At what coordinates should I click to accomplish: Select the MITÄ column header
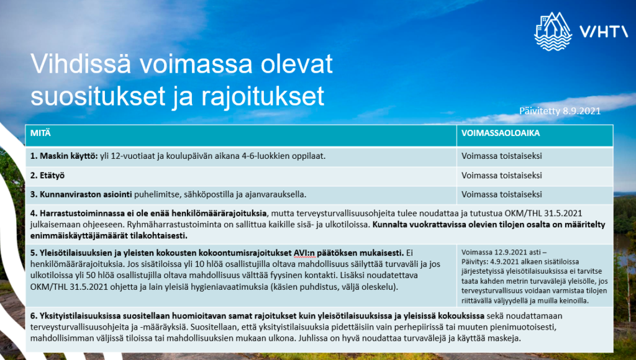tap(39, 133)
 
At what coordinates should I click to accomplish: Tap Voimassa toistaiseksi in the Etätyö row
tap(501, 175)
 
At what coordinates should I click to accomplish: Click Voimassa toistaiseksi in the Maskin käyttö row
tap(501, 155)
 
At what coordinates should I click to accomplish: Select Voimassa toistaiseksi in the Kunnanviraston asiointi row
tap(501, 194)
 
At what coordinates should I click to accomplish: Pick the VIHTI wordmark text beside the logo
tap(603, 31)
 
